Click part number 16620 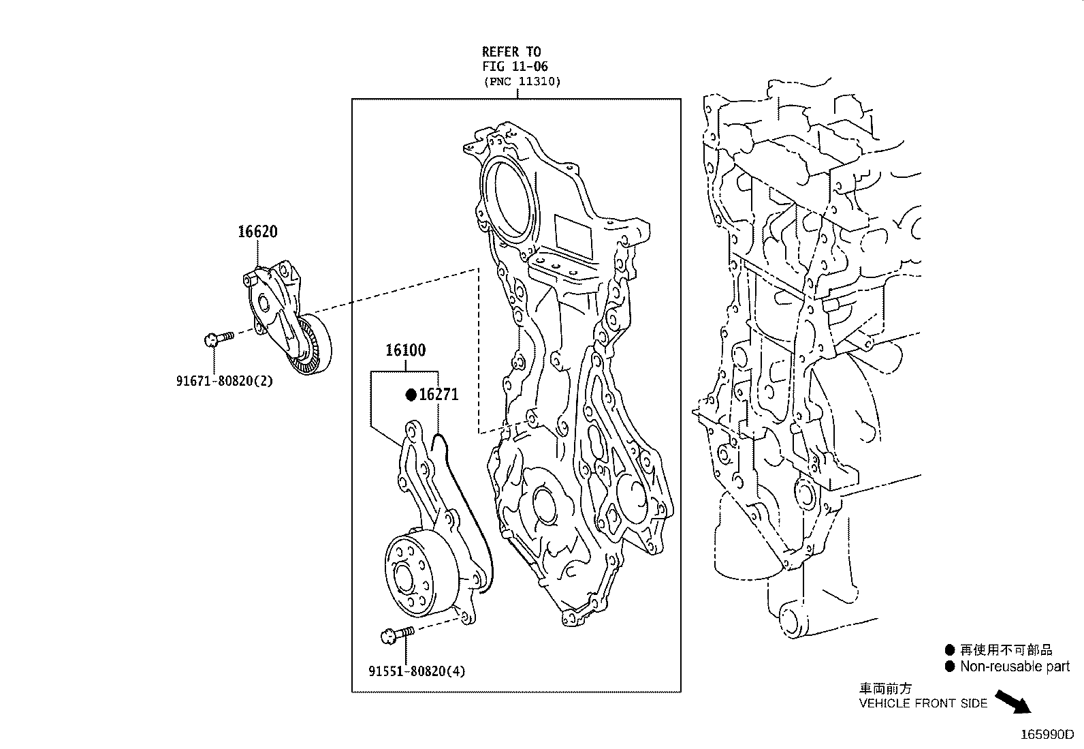click(x=257, y=232)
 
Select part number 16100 click(x=405, y=350)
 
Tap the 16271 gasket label click(x=439, y=395)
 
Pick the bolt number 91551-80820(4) click(x=417, y=671)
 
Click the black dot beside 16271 click(x=411, y=395)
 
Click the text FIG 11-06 click(x=515, y=67)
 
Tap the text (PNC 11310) click(x=522, y=82)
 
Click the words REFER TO click(x=511, y=52)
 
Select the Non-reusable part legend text click(x=1015, y=667)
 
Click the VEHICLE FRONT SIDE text click(x=923, y=703)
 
